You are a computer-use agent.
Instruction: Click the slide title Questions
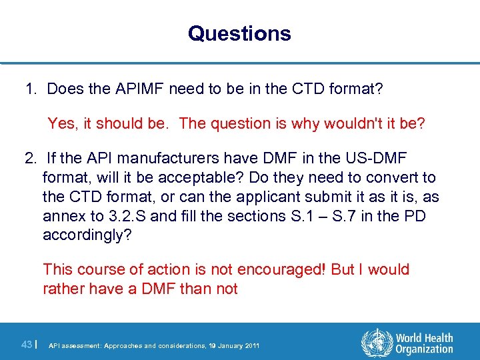point(239,33)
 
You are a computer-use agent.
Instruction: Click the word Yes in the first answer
point(62,123)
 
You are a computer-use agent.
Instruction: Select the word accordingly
point(87,235)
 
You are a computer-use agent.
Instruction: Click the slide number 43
point(27,344)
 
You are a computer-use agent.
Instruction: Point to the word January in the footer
point(222,345)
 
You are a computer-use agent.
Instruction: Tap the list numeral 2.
point(30,159)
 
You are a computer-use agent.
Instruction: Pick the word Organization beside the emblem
point(424,349)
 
